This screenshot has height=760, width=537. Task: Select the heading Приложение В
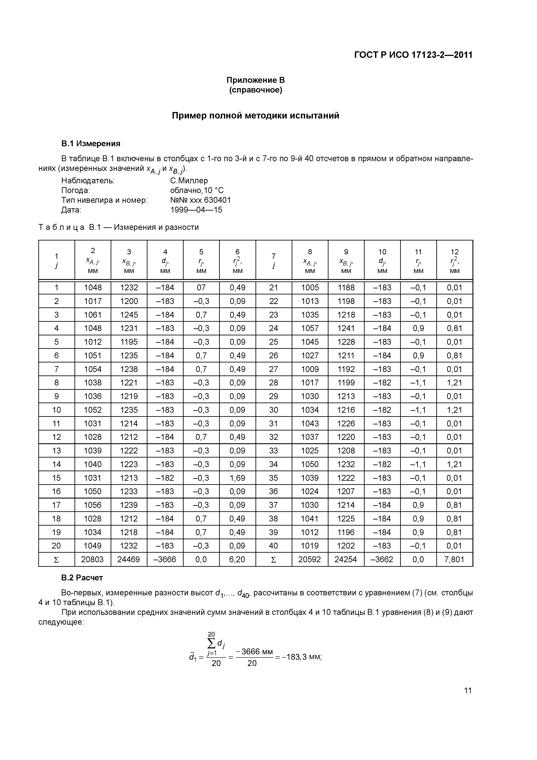coord(256,80)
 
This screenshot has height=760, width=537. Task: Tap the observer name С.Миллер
coord(189,181)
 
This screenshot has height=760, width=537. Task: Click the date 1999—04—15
coord(196,210)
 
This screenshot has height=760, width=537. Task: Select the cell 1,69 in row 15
coord(237,478)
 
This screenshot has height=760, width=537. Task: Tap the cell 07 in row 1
coord(201,288)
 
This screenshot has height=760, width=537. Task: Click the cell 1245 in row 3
coord(129,315)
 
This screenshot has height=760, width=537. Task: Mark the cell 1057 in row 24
coord(310,328)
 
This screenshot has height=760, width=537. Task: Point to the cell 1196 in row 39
coord(346,532)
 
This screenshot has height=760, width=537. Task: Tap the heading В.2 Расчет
coord(82,578)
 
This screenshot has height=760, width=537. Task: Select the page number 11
coord(467,690)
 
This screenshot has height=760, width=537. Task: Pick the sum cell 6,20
coord(237,560)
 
